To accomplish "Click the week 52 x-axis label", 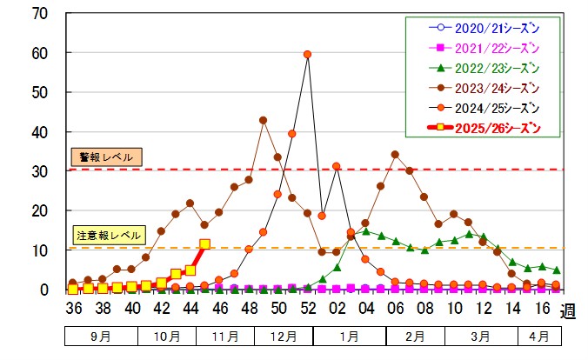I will [x=307, y=309].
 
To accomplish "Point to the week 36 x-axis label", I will [x=73, y=309].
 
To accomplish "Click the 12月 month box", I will [x=284, y=336].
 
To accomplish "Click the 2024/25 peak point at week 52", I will [x=307, y=55].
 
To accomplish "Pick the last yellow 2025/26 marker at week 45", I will [x=204, y=244].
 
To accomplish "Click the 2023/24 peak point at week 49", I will [x=263, y=120].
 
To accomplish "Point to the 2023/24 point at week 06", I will [x=395, y=155].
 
